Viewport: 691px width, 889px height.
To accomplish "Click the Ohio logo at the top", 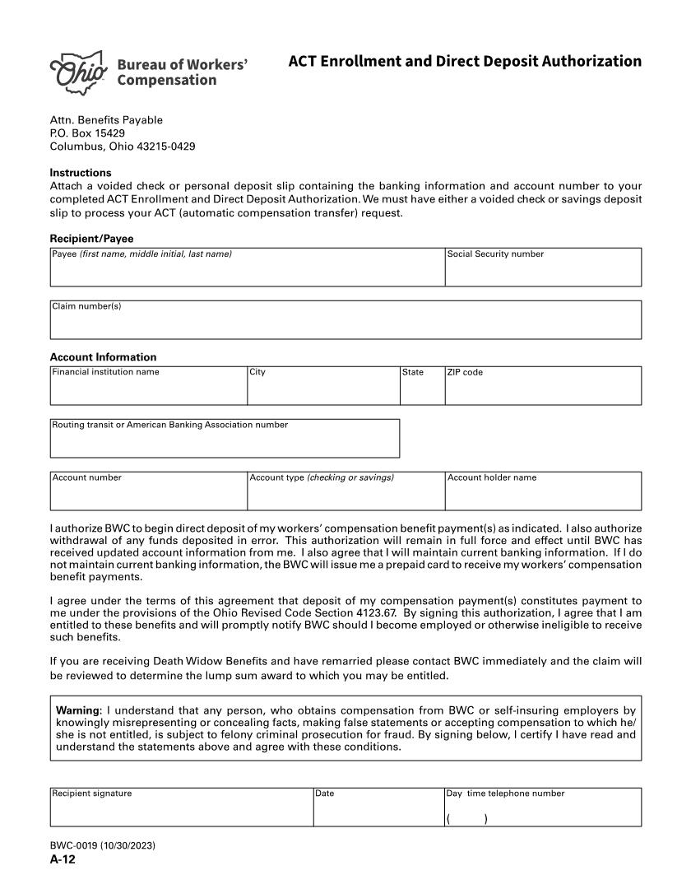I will click(79, 70).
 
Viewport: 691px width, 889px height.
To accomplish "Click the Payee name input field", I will click(247, 272).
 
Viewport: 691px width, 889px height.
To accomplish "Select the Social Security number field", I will click(543, 272).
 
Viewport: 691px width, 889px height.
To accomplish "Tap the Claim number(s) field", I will click(345, 323).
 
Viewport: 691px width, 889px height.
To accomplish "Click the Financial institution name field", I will click(148, 389).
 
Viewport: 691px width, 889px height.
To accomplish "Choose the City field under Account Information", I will click(323, 389).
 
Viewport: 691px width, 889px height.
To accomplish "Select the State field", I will click(422, 389).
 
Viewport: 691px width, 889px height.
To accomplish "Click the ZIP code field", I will click(543, 389).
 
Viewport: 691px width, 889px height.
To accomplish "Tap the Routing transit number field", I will click(225, 443).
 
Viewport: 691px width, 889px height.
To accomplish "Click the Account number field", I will click(148, 495).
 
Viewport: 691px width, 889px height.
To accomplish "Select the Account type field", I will click(345, 495).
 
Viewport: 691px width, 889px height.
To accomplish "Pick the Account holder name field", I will click(543, 495).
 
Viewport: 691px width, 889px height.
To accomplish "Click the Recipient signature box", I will click(181, 812).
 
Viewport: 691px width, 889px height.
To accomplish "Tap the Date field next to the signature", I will click(378, 812).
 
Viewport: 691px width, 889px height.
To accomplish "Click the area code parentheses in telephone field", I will click(466, 819).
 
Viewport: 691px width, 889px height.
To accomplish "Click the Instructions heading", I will click(81, 173).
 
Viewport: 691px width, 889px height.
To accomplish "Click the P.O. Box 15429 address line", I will click(87, 133).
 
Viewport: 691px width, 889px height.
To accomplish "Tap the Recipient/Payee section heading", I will click(91, 239).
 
